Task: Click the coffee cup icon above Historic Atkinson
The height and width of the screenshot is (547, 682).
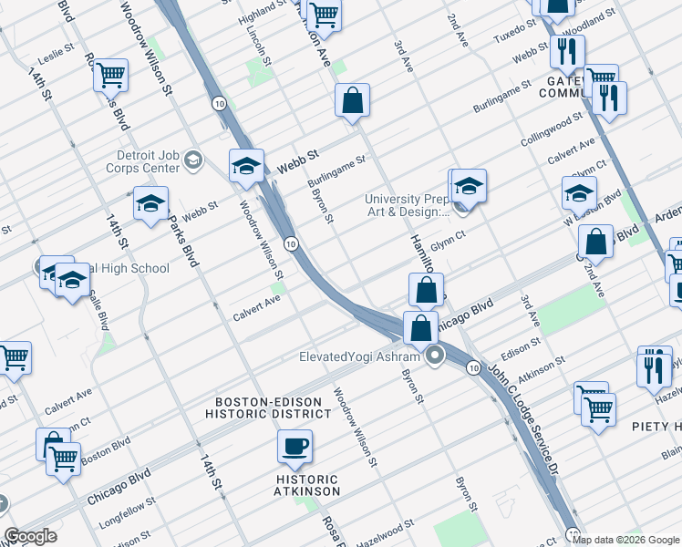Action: pos(294,447)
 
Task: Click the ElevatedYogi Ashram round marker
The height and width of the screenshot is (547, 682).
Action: pos(436,356)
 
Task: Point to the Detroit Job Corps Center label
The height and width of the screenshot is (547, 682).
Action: pos(148,161)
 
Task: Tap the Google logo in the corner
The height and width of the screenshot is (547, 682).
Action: pos(29,536)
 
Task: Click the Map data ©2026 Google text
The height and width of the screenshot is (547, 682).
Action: pos(626,540)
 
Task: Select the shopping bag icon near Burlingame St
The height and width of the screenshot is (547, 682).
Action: pos(352,101)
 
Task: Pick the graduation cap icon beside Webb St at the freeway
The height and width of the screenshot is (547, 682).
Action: pos(246,166)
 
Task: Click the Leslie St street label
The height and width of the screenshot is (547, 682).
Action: pos(56,55)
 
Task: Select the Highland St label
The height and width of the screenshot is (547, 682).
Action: pos(262,11)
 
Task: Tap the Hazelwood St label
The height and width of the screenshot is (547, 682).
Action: pos(385,526)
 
